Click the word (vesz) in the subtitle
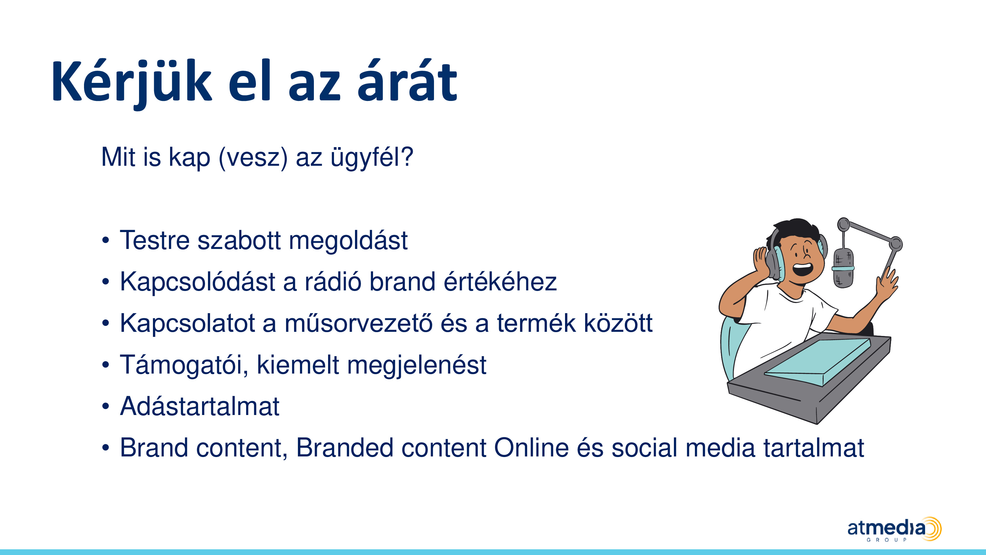click(x=253, y=157)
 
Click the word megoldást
click(x=348, y=241)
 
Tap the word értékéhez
click(x=500, y=281)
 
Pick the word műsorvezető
click(x=358, y=323)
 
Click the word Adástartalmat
click(x=200, y=406)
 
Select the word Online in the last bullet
click(x=531, y=447)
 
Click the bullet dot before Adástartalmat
click(x=106, y=406)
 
